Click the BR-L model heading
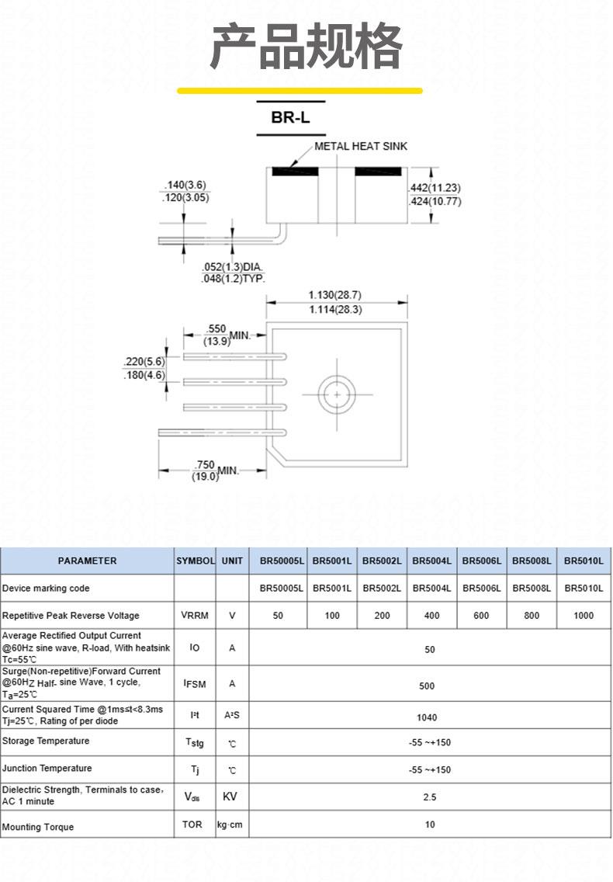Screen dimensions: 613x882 pos(290,117)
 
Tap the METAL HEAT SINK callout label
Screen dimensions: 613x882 pos(361,146)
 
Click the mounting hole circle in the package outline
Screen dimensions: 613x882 pos(337,395)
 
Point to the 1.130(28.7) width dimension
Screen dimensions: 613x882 pos(335,295)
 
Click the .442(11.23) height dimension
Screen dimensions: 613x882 pos(435,188)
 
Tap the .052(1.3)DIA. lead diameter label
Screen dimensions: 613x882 pos(232,266)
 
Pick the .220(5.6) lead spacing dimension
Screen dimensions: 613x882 pos(144,361)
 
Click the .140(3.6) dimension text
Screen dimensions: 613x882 pos(185,185)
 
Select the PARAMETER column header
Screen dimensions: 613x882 pos(87,561)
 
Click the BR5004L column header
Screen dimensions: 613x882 pos(431,561)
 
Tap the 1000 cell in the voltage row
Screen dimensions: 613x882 pos(584,616)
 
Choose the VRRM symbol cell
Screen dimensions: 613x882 pos(195,616)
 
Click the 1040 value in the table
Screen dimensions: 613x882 pos(427,717)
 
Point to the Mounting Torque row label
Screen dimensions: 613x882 pos(38,827)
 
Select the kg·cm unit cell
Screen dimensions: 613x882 pos(230,825)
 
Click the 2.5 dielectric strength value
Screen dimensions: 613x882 pos(430,797)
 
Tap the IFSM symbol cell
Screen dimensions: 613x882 pos(195,684)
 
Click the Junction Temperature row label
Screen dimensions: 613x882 pos(47,769)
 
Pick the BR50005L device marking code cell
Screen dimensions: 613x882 pos(281,589)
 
